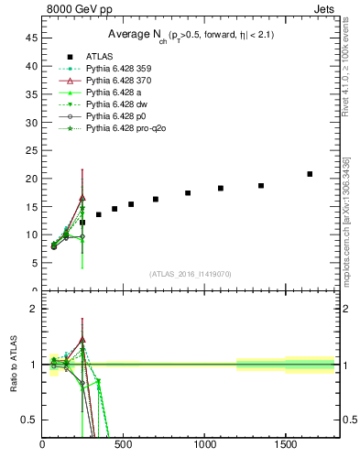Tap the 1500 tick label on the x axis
coord(286,445)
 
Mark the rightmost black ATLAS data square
coord(310,174)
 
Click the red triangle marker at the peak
coord(82,197)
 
